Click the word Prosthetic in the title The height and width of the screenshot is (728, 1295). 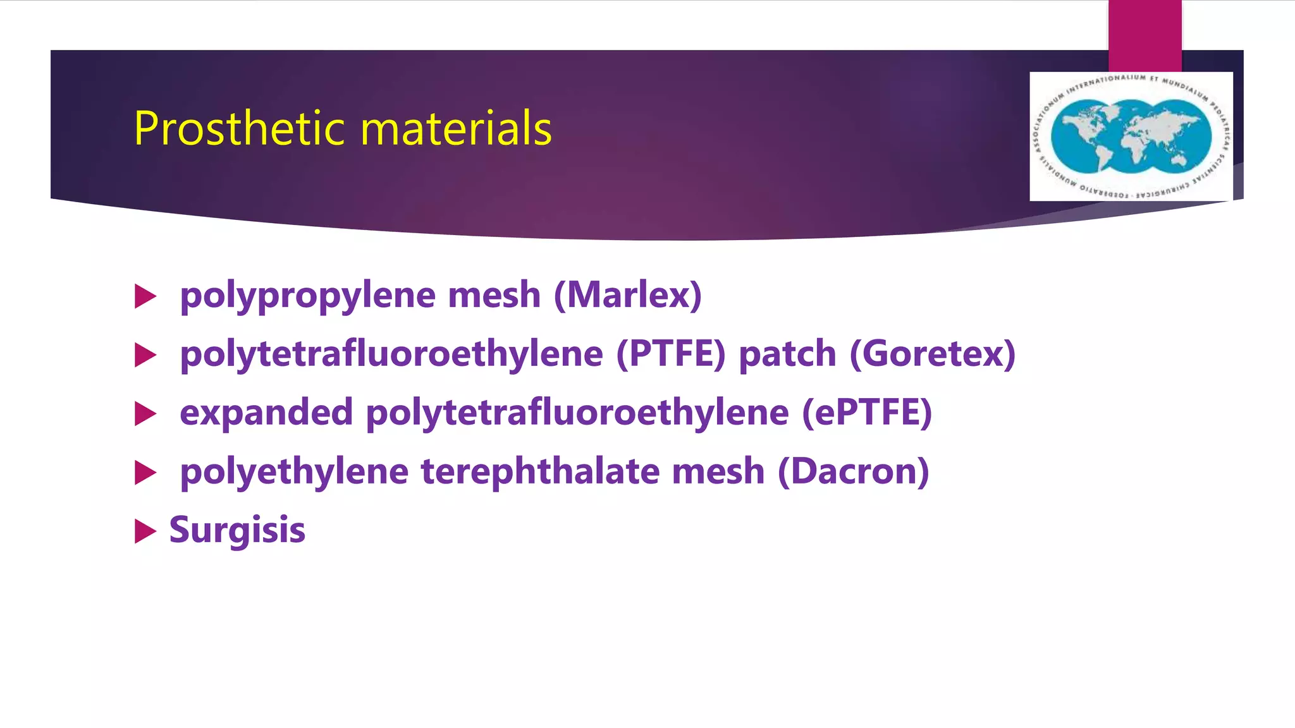pyautogui.click(x=240, y=128)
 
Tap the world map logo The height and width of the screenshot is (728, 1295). pyautogui.click(x=1131, y=136)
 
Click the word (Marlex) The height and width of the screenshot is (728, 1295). pyautogui.click(x=628, y=295)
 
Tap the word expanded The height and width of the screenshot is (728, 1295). pyautogui.click(x=266, y=413)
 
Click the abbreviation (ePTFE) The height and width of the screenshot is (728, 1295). pyautogui.click(x=867, y=413)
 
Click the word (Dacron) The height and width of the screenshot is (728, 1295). pyautogui.click(x=853, y=471)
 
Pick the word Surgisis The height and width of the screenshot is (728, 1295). pyautogui.click(x=237, y=530)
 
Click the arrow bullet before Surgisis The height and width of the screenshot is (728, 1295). pyautogui.click(x=145, y=531)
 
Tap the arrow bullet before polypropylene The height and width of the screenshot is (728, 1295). pyautogui.click(x=145, y=296)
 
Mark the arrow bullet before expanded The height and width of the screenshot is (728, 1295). pyautogui.click(x=145, y=414)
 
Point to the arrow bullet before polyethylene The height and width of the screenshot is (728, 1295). pyautogui.click(x=145, y=473)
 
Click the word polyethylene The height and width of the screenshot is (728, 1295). pyautogui.click(x=294, y=472)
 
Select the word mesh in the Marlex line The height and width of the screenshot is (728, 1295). pyautogui.click(x=494, y=295)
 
